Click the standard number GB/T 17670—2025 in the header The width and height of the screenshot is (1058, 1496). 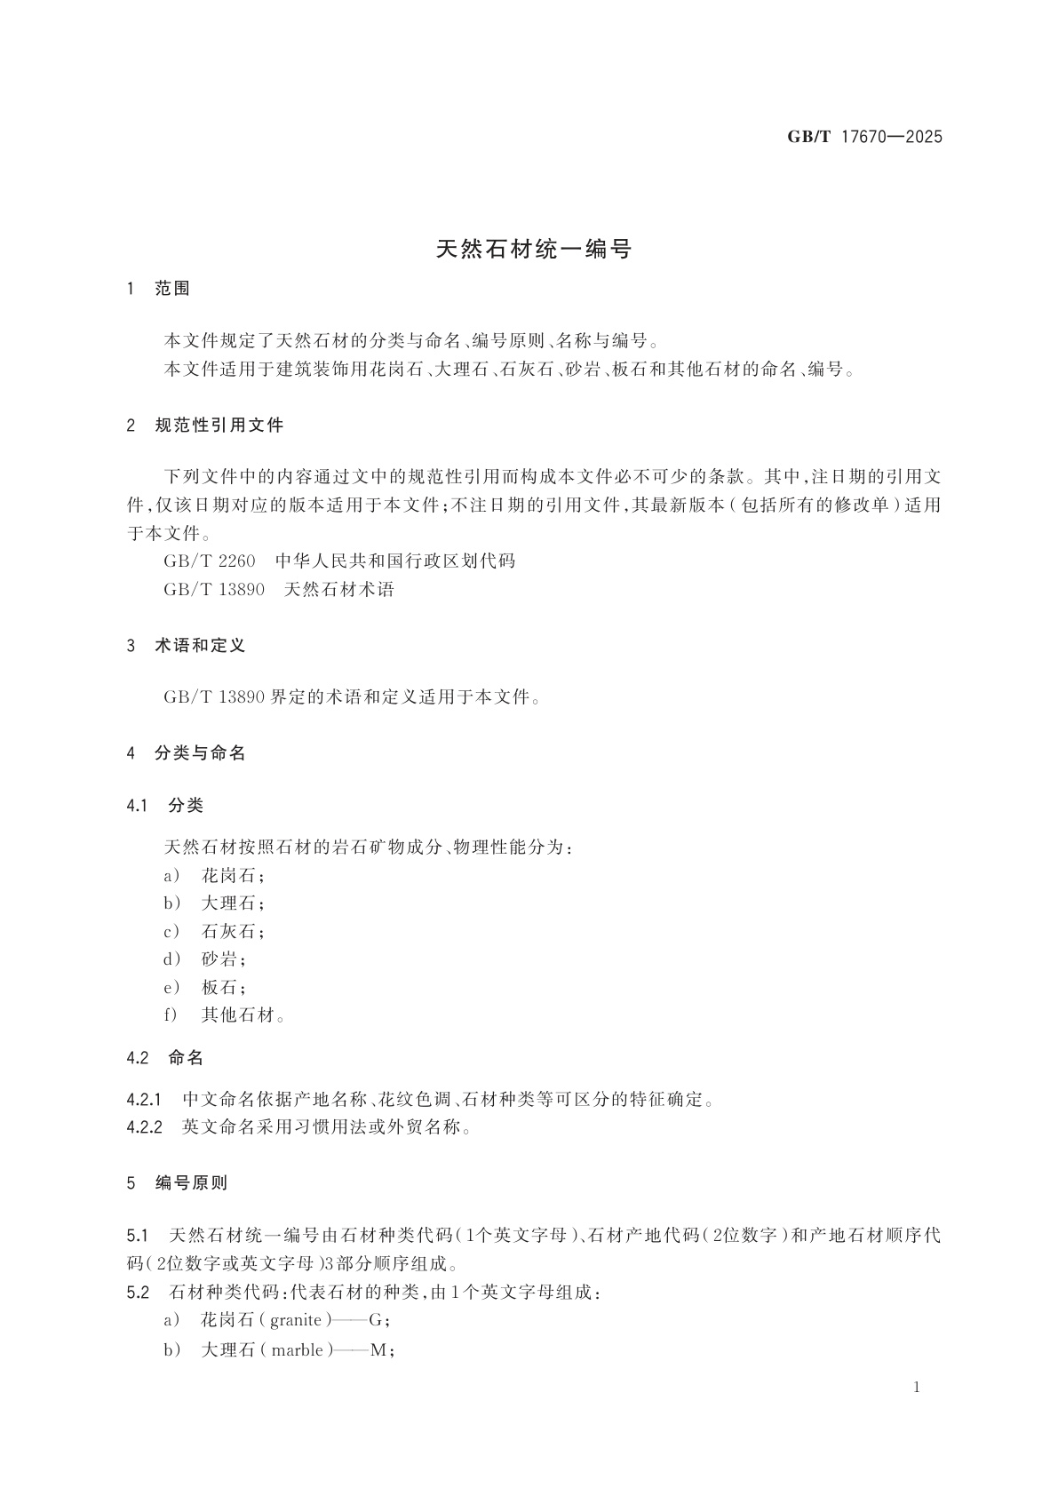point(864,137)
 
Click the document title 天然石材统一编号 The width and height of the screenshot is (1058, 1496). point(533,250)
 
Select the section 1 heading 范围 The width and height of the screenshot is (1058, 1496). point(172,289)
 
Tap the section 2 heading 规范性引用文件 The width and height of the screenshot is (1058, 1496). point(219,426)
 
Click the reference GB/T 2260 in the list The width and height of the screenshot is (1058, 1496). point(209,561)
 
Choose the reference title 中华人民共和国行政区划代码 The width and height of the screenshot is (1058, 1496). point(394,561)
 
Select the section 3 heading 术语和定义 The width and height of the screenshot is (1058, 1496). point(200,646)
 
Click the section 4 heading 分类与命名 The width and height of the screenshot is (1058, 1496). point(200,753)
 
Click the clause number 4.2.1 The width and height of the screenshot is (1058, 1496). point(145,1101)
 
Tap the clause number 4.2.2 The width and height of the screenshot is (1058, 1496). point(145,1128)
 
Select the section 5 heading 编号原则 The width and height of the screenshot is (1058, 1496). point(191,1183)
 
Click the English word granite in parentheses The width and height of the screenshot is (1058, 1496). point(296,1321)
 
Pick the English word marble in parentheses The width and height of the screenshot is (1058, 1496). point(298,1350)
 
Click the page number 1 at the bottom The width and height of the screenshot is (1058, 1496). point(918,1388)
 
